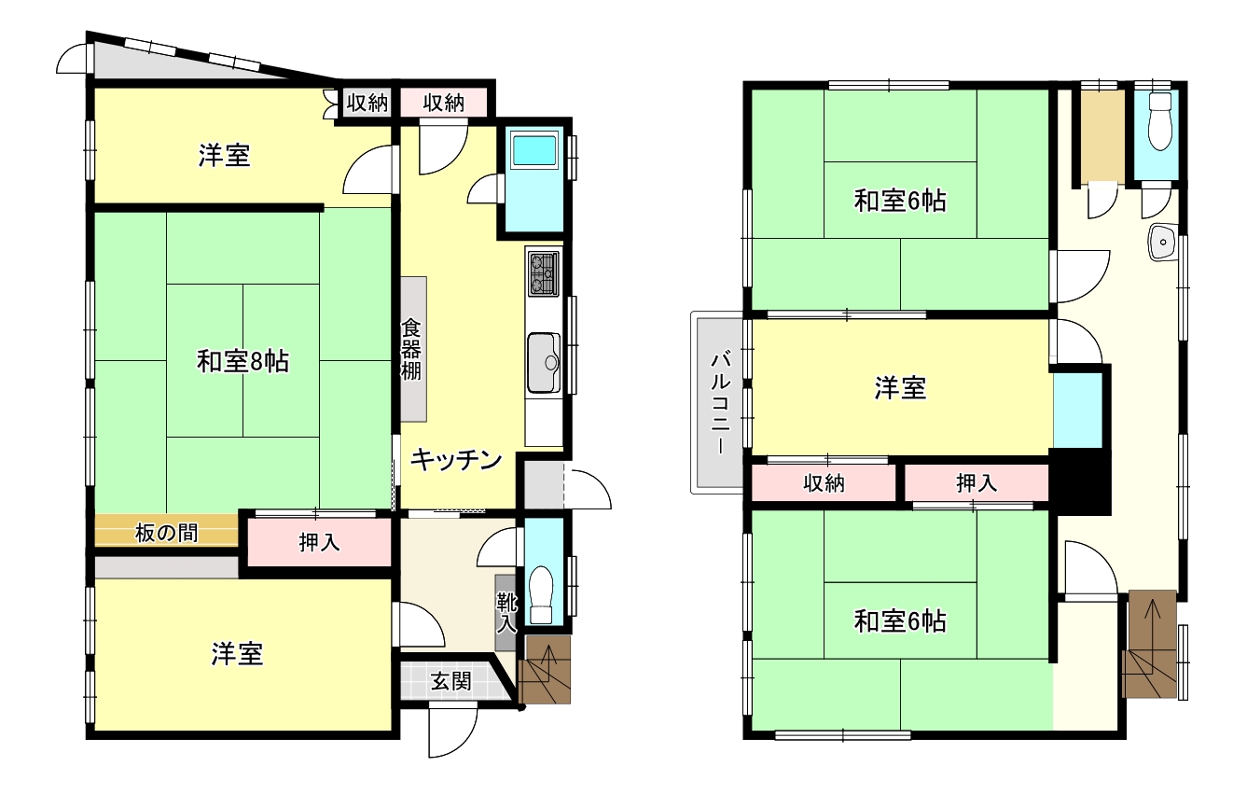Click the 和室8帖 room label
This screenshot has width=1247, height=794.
[x=242, y=362]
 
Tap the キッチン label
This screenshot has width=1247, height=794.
[x=457, y=460]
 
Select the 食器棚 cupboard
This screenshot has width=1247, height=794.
[x=413, y=350]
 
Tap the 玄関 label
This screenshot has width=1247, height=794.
[x=450, y=681]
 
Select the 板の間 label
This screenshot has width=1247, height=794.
[x=166, y=533]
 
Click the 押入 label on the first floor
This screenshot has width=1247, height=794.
[x=319, y=543]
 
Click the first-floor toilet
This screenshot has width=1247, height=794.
[x=542, y=593]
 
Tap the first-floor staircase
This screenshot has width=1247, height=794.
[x=544, y=670]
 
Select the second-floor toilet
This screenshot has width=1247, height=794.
[x=1159, y=121]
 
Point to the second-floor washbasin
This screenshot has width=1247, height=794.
[x=1162, y=243]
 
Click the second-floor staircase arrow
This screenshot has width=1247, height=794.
[x=1153, y=625]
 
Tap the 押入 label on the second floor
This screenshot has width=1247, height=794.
[x=977, y=483]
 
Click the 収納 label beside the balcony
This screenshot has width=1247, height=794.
[x=824, y=483]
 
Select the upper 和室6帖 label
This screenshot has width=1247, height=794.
[x=900, y=201]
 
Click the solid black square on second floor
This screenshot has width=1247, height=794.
[x=1080, y=481]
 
